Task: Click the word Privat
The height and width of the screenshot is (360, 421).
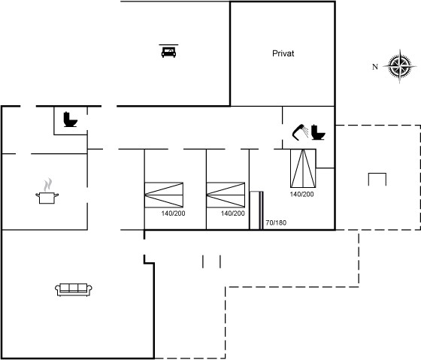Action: pyautogui.click(x=283, y=53)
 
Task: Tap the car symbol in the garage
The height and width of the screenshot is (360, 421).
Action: pyautogui.click(x=168, y=51)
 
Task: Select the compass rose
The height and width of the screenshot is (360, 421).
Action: pyautogui.click(x=400, y=66)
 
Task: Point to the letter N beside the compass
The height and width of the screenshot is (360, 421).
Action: pyautogui.click(x=375, y=67)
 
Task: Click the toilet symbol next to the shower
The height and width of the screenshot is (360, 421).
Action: pyautogui.click(x=318, y=132)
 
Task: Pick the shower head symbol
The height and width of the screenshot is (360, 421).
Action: pyautogui.click(x=300, y=132)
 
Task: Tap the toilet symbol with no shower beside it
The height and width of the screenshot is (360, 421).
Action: pyautogui.click(x=71, y=119)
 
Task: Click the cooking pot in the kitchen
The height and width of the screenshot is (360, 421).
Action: pyautogui.click(x=47, y=198)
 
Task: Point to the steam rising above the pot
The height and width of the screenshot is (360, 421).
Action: pyautogui.click(x=48, y=185)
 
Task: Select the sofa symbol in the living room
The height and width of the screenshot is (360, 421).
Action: pyautogui.click(x=74, y=289)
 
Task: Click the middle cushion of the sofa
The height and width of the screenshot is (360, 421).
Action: pyautogui.click(x=74, y=288)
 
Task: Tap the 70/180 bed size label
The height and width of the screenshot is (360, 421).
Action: pyautogui.click(x=276, y=222)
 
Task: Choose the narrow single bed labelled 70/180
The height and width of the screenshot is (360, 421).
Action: pyautogui.click(x=256, y=210)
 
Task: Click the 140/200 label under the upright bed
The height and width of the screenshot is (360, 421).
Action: pyautogui.click(x=301, y=195)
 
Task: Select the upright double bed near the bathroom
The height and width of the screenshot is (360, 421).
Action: pyautogui.click(x=303, y=168)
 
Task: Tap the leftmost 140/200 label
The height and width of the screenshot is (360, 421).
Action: pyautogui.click(x=173, y=213)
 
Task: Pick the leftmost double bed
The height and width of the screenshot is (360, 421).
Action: pyautogui.click(x=164, y=195)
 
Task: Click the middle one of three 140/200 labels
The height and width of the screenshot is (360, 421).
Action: pyautogui.click(x=233, y=213)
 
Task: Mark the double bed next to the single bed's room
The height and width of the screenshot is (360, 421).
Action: pyautogui.click(x=226, y=195)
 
